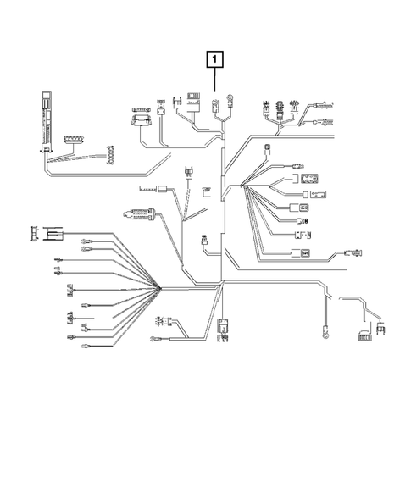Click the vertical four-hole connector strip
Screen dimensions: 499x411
pos(109,153)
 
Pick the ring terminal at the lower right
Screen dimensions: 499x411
pos(324,332)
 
